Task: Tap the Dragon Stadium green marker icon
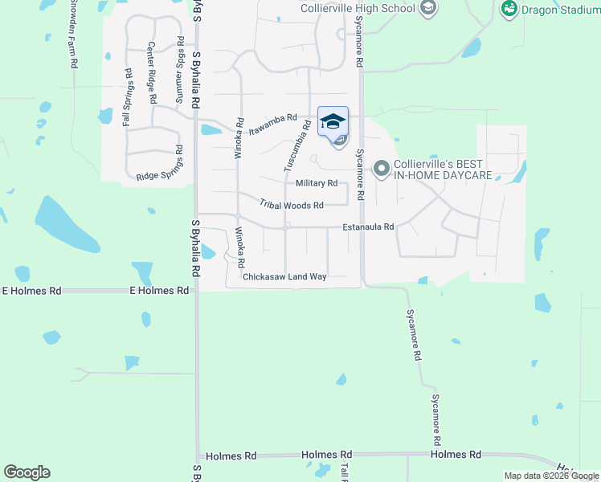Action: (x=508, y=9)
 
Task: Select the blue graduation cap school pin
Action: (x=333, y=121)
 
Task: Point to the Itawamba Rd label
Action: (x=272, y=123)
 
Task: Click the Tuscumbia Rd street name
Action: (x=296, y=145)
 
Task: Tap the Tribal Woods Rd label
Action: (x=291, y=205)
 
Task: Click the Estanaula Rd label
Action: (x=368, y=227)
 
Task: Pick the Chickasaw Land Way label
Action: (x=284, y=276)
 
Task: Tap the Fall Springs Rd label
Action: (x=128, y=97)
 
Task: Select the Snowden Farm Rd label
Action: (x=73, y=32)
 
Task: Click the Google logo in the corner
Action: (x=27, y=472)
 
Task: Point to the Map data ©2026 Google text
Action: (x=551, y=476)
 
